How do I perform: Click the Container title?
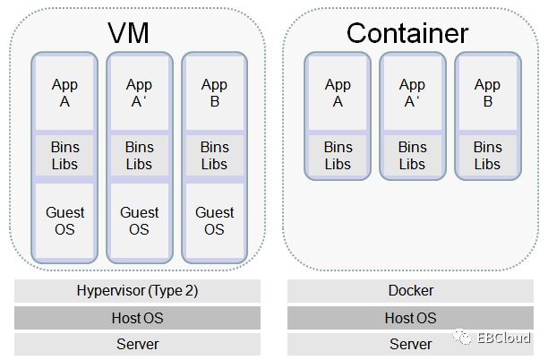407,34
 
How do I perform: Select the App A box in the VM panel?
64,93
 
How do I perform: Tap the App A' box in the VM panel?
139,93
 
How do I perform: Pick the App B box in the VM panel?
214,93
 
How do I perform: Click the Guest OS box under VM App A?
64,221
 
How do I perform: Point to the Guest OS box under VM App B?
214,221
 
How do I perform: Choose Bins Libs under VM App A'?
139,156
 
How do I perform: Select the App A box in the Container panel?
338,93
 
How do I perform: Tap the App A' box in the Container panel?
412,93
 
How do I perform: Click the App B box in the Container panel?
487,93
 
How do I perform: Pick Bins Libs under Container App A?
338,156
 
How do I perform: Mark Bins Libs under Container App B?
487,156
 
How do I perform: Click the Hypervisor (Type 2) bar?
138,291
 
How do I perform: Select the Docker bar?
411,291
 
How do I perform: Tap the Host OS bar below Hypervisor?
138,318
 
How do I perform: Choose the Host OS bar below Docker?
411,318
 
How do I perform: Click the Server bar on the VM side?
138,344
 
